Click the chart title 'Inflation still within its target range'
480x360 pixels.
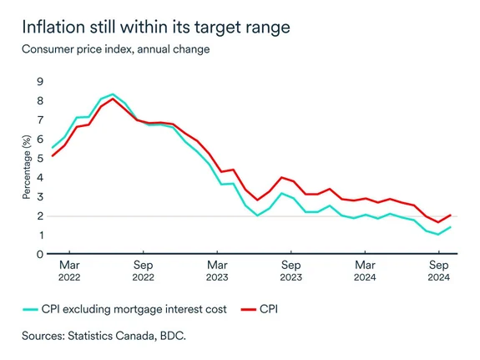coord(156,27)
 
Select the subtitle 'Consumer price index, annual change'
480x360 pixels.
coord(116,49)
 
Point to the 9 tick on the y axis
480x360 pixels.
coord(38,81)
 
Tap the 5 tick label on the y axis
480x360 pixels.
coord(38,158)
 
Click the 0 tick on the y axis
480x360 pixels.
coord(38,254)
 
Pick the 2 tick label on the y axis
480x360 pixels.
coord(38,215)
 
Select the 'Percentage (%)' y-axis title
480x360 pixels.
coord(26,167)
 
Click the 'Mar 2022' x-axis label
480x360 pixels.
coord(69,271)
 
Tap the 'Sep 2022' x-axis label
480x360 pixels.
coord(143,271)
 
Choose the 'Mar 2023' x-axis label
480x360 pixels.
coord(216,271)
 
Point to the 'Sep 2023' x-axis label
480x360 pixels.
coord(291,271)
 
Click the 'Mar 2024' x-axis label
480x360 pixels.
coord(364,271)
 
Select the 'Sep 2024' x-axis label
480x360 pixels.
coord(437,271)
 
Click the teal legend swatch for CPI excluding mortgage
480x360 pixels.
coord(33,309)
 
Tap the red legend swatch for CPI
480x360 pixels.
coord(248,309)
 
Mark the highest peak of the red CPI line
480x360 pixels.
coord(114,99)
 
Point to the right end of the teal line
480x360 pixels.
coord(451,227)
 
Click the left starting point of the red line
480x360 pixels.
coord(52,155)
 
